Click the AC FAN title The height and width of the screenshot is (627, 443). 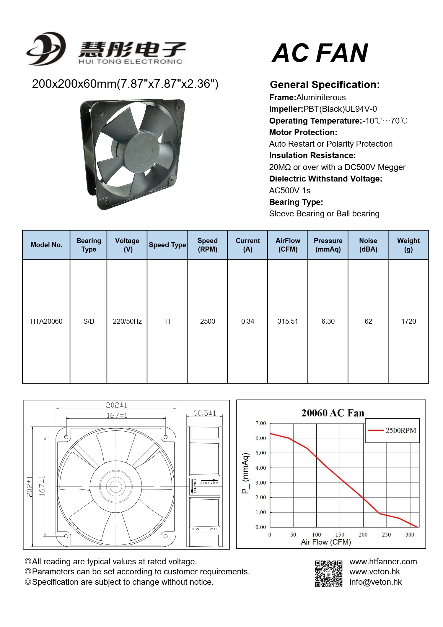click(320, 53)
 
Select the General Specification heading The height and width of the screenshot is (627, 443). click(325, 85)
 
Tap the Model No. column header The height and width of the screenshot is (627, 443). click(46, 245)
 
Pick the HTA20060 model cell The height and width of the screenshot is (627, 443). click(46, 321)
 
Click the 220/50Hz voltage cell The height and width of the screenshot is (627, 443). click(127, 321)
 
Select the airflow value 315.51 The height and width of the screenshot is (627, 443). click(288, 321)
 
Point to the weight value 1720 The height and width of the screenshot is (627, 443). click(408, 321)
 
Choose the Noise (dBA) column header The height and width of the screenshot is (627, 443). click(368, 245)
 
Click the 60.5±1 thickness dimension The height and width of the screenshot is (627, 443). click(204, 413)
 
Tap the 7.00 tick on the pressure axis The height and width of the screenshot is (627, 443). click(260, 423)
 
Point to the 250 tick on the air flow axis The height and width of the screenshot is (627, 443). click(386, 534)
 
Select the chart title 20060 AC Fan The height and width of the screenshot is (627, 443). click(333, 413)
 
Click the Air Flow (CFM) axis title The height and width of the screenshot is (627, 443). click(326, 542)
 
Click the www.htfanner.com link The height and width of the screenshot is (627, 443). click(383, 562)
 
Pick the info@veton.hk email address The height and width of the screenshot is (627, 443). click(375, 582)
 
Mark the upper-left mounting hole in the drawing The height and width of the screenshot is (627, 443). click(66, 437)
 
